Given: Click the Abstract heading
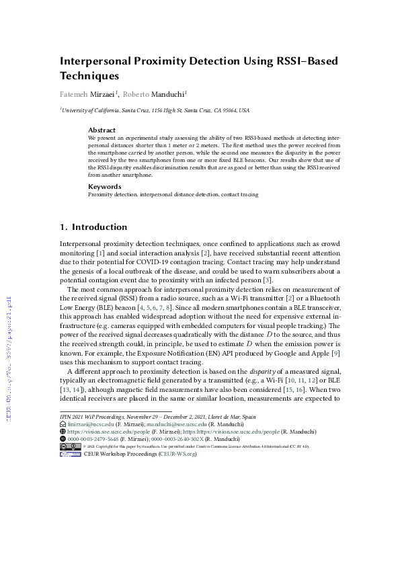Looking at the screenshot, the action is click(x=102, y=130).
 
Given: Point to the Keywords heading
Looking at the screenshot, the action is click(x=104, y=186).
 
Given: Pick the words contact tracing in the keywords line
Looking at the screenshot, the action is click(x=239, y=194).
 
